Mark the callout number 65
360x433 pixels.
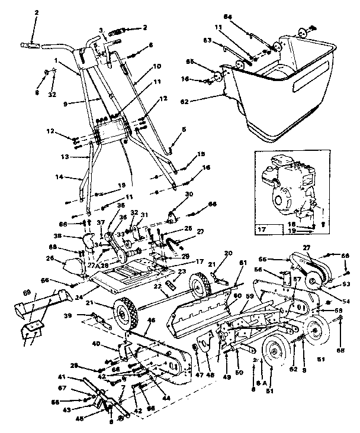point(207,62)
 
